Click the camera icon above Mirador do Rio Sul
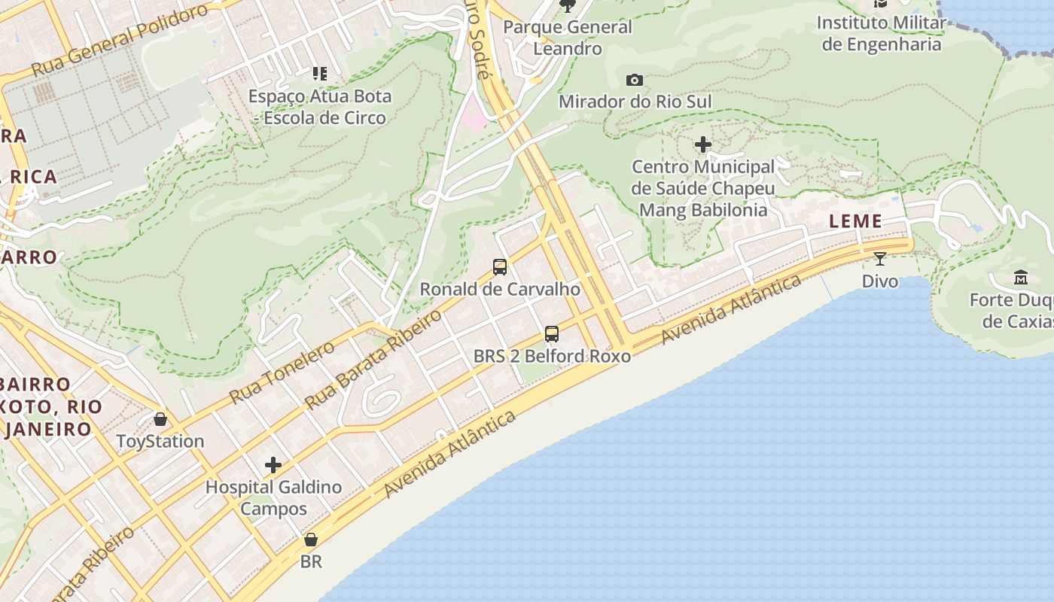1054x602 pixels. tap(635, 80)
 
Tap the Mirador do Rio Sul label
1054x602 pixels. tap(635, 102)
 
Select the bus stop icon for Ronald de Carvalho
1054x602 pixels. tap(500, 267)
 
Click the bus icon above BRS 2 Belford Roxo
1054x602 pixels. tap(552, 334)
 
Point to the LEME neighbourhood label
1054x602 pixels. tap(855, 221)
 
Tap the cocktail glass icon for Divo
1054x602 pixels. tap(879, 259)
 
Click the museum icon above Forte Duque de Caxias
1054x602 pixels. tap(1021, 278)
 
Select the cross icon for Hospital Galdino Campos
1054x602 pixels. tap(273, 465)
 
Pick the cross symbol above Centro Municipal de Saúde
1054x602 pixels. tap(703, 144)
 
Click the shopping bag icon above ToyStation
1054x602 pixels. tap(160, 419)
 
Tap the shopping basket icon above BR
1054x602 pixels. tap(311, 540)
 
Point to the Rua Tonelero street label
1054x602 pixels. tap(282, 372)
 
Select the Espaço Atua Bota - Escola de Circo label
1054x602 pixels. tap(320, 107)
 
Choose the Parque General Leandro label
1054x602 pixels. tap(568, 38)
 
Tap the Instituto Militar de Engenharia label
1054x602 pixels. tap(881, 33)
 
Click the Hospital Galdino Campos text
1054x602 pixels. tap(273, 497)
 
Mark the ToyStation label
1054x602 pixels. tap(160, 441)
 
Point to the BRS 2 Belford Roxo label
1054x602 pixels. tap(552, 356)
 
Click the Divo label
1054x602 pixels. tap(879, 281)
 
